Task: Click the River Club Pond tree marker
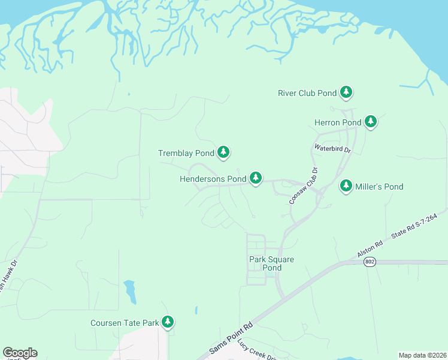346,92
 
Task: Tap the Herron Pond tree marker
371,122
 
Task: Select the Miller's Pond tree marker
346,186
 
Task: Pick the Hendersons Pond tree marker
256,178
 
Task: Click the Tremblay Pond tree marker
223,152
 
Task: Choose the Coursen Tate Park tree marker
168,322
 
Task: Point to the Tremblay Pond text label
186,153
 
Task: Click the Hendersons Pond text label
213,179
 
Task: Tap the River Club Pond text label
307,93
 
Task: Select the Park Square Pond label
265,263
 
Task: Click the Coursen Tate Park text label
125,323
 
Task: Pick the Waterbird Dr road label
332,148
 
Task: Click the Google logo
20,353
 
